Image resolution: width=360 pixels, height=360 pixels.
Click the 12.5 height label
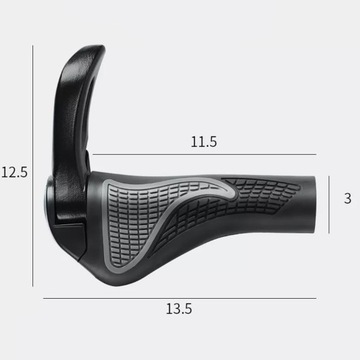[x=14, y=172]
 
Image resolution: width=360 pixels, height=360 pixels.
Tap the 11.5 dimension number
[x=204, y=142]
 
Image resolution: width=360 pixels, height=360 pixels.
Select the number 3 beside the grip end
[x=347, y=199]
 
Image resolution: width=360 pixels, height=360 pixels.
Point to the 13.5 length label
[x=179, y=309]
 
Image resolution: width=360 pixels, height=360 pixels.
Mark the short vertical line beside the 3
[x=333, y=199]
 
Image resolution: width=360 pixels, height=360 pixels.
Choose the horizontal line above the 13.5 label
[x=179, y=297]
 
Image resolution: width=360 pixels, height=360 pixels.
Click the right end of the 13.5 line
[x=316, y=297]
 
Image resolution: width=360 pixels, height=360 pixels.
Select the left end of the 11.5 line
[x=93, y=154]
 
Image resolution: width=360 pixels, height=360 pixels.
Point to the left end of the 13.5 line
[x=43, y=297]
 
